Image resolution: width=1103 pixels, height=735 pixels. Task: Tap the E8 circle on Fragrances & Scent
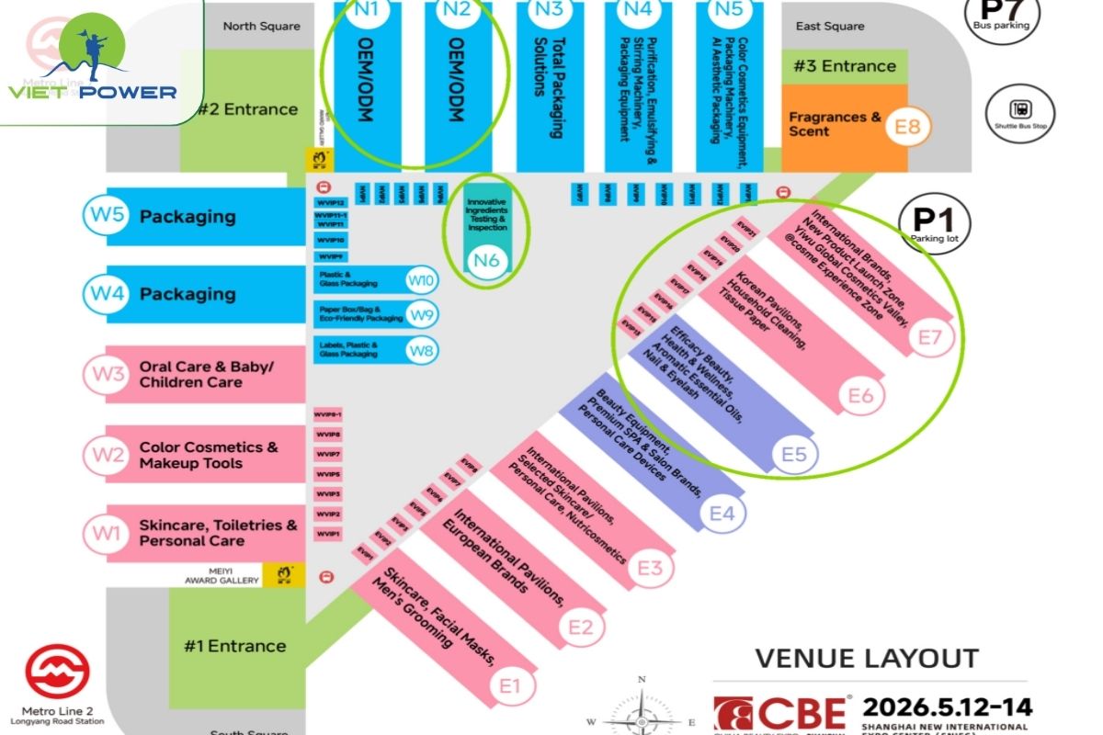[x=907, y=125]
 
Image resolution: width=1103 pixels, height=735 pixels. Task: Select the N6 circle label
[x=485, y=261]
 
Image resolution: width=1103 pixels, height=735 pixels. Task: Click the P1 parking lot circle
[x=934, y=224]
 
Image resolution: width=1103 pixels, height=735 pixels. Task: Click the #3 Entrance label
[x=845, y=66]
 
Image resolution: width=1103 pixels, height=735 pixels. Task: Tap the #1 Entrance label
[x=235, y=646]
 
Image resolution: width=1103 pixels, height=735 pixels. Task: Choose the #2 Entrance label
[x=248, y=109]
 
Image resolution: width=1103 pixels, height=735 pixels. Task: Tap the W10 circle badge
[x=422, y=280]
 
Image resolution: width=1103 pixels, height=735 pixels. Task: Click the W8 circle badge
[x=422, y=349]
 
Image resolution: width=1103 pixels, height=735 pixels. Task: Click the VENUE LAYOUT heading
[x=867, y=658]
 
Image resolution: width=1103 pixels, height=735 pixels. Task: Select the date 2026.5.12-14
[x=947, y=707]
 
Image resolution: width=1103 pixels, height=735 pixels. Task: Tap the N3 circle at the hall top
[x=549, y=10]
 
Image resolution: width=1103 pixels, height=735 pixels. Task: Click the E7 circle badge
[x=930, y=338]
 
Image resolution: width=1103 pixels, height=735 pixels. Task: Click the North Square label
[x=261, y=26]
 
